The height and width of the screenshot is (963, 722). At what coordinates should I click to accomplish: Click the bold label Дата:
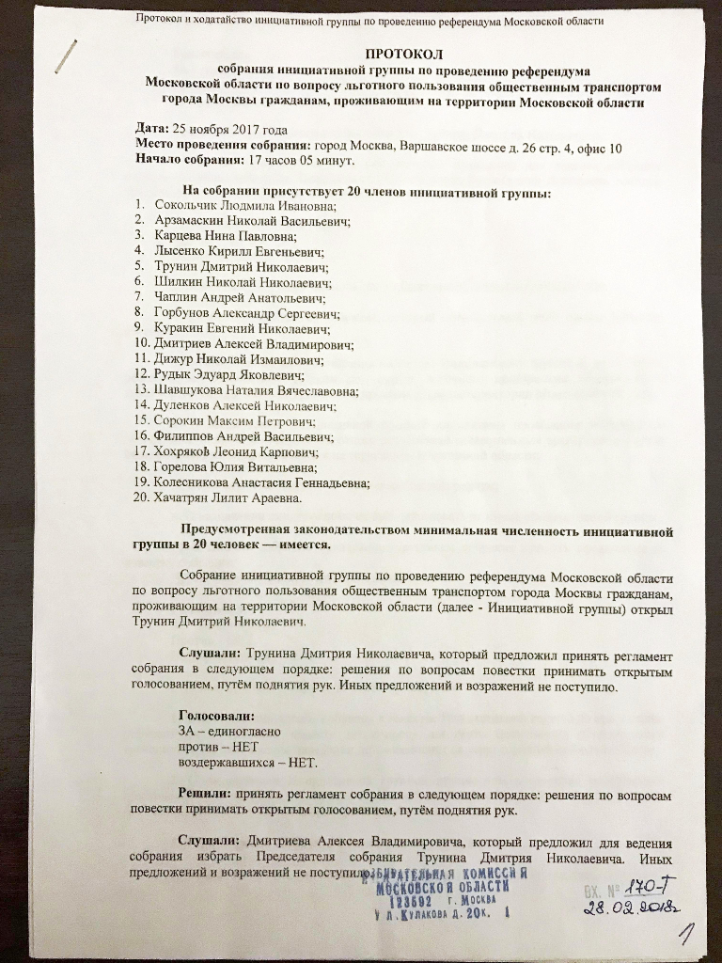(151, 130)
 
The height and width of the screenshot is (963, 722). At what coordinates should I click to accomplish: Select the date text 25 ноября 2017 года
(228, 130)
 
